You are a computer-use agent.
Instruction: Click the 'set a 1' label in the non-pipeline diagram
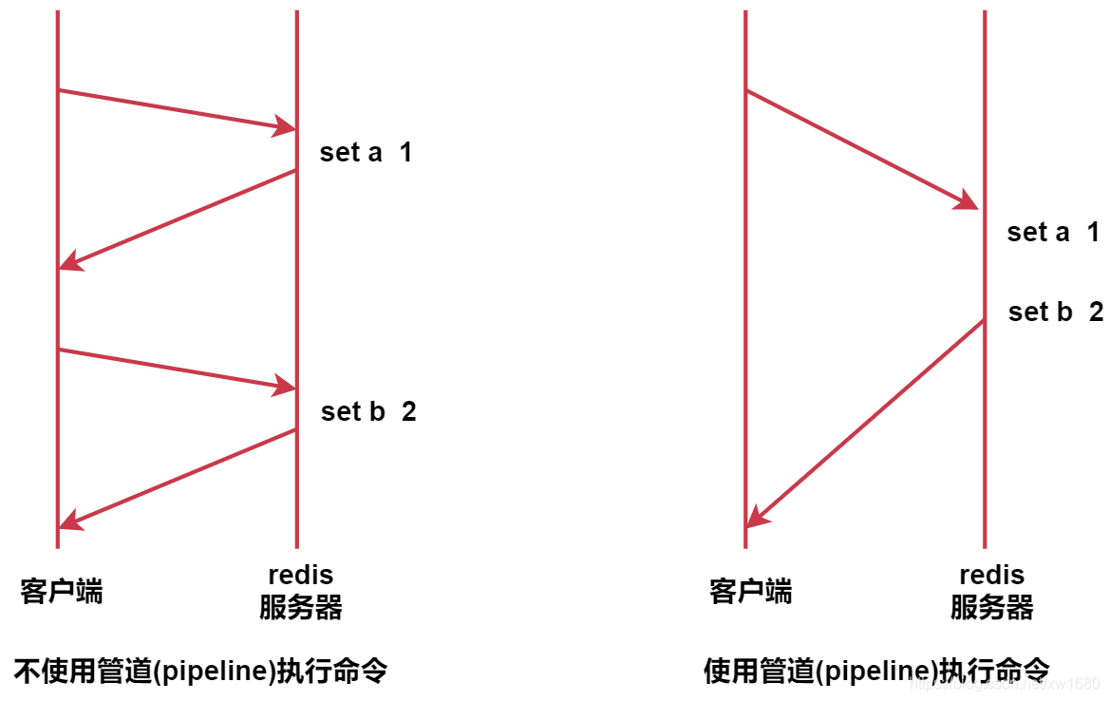tap(366, 152)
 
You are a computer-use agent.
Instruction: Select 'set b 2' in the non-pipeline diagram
tap(368, 411)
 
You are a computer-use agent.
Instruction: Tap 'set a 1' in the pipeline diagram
tap(1053, 232)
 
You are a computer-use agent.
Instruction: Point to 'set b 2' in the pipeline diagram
tap(1055, 312)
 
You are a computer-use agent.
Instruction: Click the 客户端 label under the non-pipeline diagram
tap(62, 592)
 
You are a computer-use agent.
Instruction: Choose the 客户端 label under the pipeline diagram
tap(750, 592)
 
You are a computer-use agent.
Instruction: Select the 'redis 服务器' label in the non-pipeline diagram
tap(300, 592)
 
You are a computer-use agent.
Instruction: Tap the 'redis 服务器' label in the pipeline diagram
tap(991, 592)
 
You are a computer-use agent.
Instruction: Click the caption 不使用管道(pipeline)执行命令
tap(200, 672)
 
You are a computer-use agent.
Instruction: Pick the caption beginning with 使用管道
tap(875, 672)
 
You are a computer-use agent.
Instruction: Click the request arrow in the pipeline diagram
tap(859, 148)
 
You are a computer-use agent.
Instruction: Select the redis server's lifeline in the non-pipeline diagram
tap(297, 285)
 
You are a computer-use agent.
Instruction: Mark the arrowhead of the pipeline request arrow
tap(968, 200)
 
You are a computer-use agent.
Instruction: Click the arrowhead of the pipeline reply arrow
tap(756, 515)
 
